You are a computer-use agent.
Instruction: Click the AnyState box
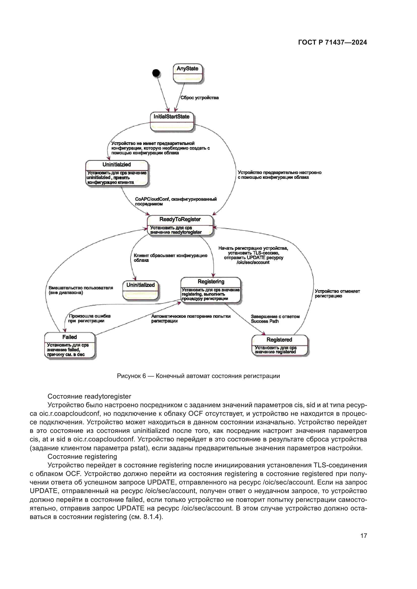pyautogui.click(x=188, y=73)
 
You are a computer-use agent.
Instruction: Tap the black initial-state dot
pyautogui.click(x=156, y=73)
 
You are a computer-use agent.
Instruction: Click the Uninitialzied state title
pyautogui.click(x=116, y=165)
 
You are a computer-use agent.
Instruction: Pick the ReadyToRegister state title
pyautogui.click(x=180, y=219)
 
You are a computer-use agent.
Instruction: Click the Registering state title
pyautogui.click(x=211, y=282)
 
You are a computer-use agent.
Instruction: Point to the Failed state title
pyautogui.click(x=70, y=337)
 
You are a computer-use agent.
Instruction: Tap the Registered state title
pyautogui.click(x=279, y=340)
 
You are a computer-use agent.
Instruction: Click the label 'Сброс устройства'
pyautogui.click(x=199, y=98)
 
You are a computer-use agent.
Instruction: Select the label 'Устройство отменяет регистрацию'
pyautogui.click(x=337, y=293)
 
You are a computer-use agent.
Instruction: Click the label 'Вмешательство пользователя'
pyautogui.click(x=81, y=288)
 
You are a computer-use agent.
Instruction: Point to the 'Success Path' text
pyautogui.click(x=265, y=321)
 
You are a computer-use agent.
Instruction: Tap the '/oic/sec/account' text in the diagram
pyautogui.click(x=253, y=262)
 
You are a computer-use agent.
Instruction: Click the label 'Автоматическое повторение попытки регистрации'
pyautogui.click(x=191, y=319)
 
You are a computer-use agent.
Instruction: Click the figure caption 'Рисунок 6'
pyautogui.click(x=131, y=376)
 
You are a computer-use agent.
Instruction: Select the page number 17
pyautogui.click(x=364, y=536)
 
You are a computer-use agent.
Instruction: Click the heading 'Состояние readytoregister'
pyautogui.click(x=89, y=396)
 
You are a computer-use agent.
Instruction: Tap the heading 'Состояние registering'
pyautogui.click(x=82, y=457)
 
